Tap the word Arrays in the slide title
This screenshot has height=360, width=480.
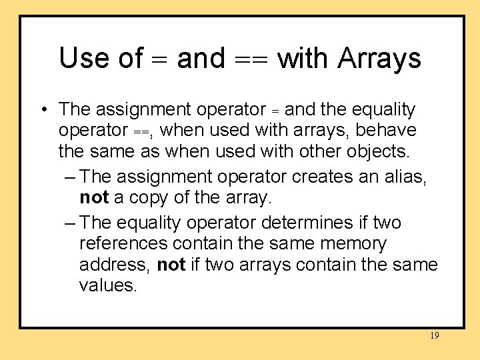[379, 58]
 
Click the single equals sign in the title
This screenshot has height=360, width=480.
[160, 59]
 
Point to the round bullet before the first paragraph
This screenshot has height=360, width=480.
[42, 109]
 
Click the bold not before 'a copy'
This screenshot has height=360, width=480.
[95, 198]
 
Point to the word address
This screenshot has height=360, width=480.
[114, 265]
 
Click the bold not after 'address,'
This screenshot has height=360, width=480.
[171, 265]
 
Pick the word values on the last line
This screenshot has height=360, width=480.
[107, 287]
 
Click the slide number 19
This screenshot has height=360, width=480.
[434, 336]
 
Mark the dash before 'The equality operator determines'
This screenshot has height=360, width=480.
[72, 221]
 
